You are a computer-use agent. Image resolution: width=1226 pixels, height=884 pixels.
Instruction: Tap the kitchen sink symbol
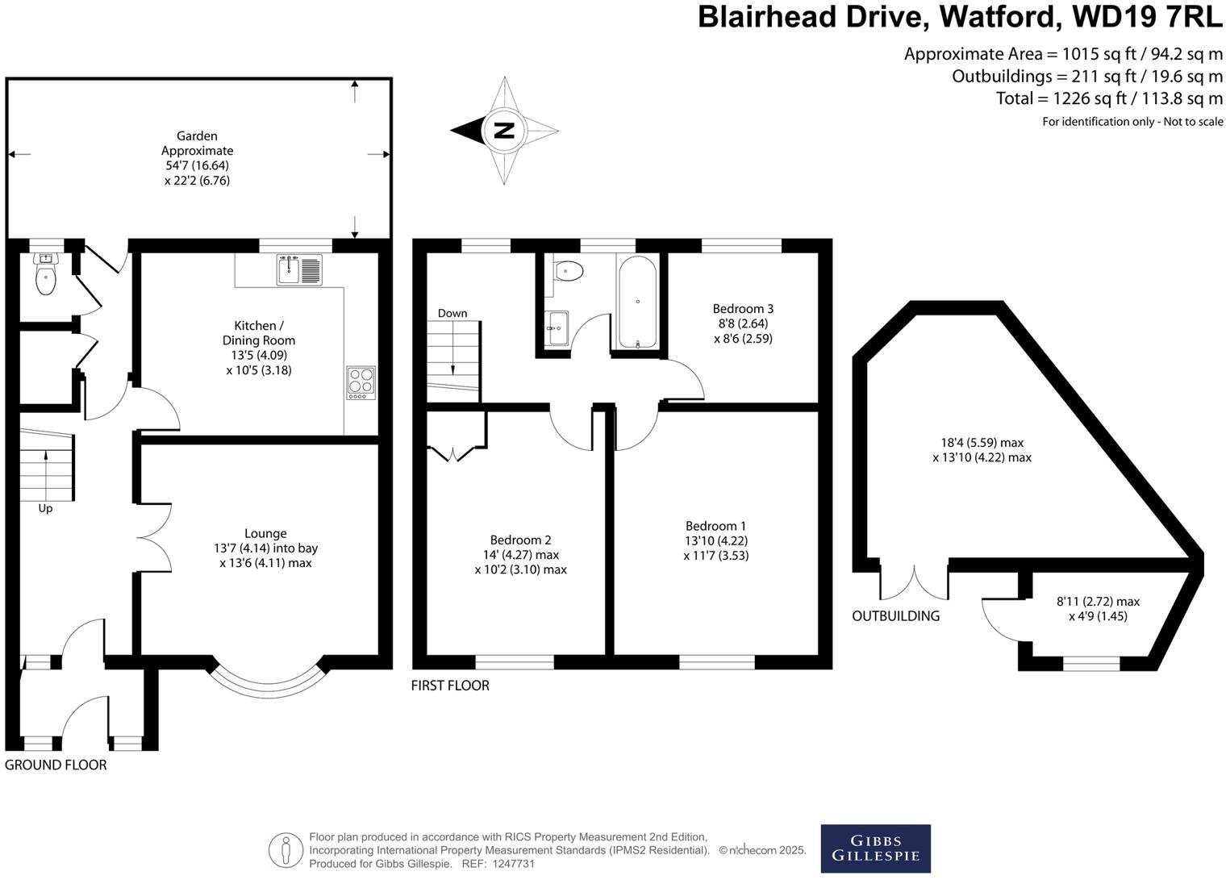(298, 269)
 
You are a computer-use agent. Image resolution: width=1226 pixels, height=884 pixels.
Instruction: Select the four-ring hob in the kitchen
(361, 383)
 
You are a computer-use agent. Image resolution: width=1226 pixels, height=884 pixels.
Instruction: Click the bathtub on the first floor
(637, 302)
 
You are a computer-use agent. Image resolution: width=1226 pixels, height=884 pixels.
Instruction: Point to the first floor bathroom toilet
(569, 270)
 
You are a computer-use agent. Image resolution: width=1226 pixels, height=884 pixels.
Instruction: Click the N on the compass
(504, 130)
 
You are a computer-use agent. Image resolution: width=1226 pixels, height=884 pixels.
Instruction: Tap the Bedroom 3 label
(743, 308)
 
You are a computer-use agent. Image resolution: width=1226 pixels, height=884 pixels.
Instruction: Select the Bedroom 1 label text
(716, 526)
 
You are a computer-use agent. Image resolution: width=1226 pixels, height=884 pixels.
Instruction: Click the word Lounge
(265, 533)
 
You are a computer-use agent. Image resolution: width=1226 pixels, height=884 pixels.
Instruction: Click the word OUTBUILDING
(896, 616)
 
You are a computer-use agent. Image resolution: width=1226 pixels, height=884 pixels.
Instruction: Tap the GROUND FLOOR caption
(56, 765)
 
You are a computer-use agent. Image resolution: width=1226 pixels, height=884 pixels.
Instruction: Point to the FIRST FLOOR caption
(450, 686)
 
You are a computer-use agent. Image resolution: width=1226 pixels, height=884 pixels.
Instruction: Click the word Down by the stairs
(452, 313)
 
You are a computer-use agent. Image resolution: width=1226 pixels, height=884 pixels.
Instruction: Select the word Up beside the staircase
(45, 509)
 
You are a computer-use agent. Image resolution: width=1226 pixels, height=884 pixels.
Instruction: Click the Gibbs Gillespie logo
(875, 849)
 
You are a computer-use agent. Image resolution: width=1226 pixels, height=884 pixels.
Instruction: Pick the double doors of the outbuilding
(915, 582)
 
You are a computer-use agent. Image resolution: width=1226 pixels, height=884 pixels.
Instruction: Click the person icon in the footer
(285, 850)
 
